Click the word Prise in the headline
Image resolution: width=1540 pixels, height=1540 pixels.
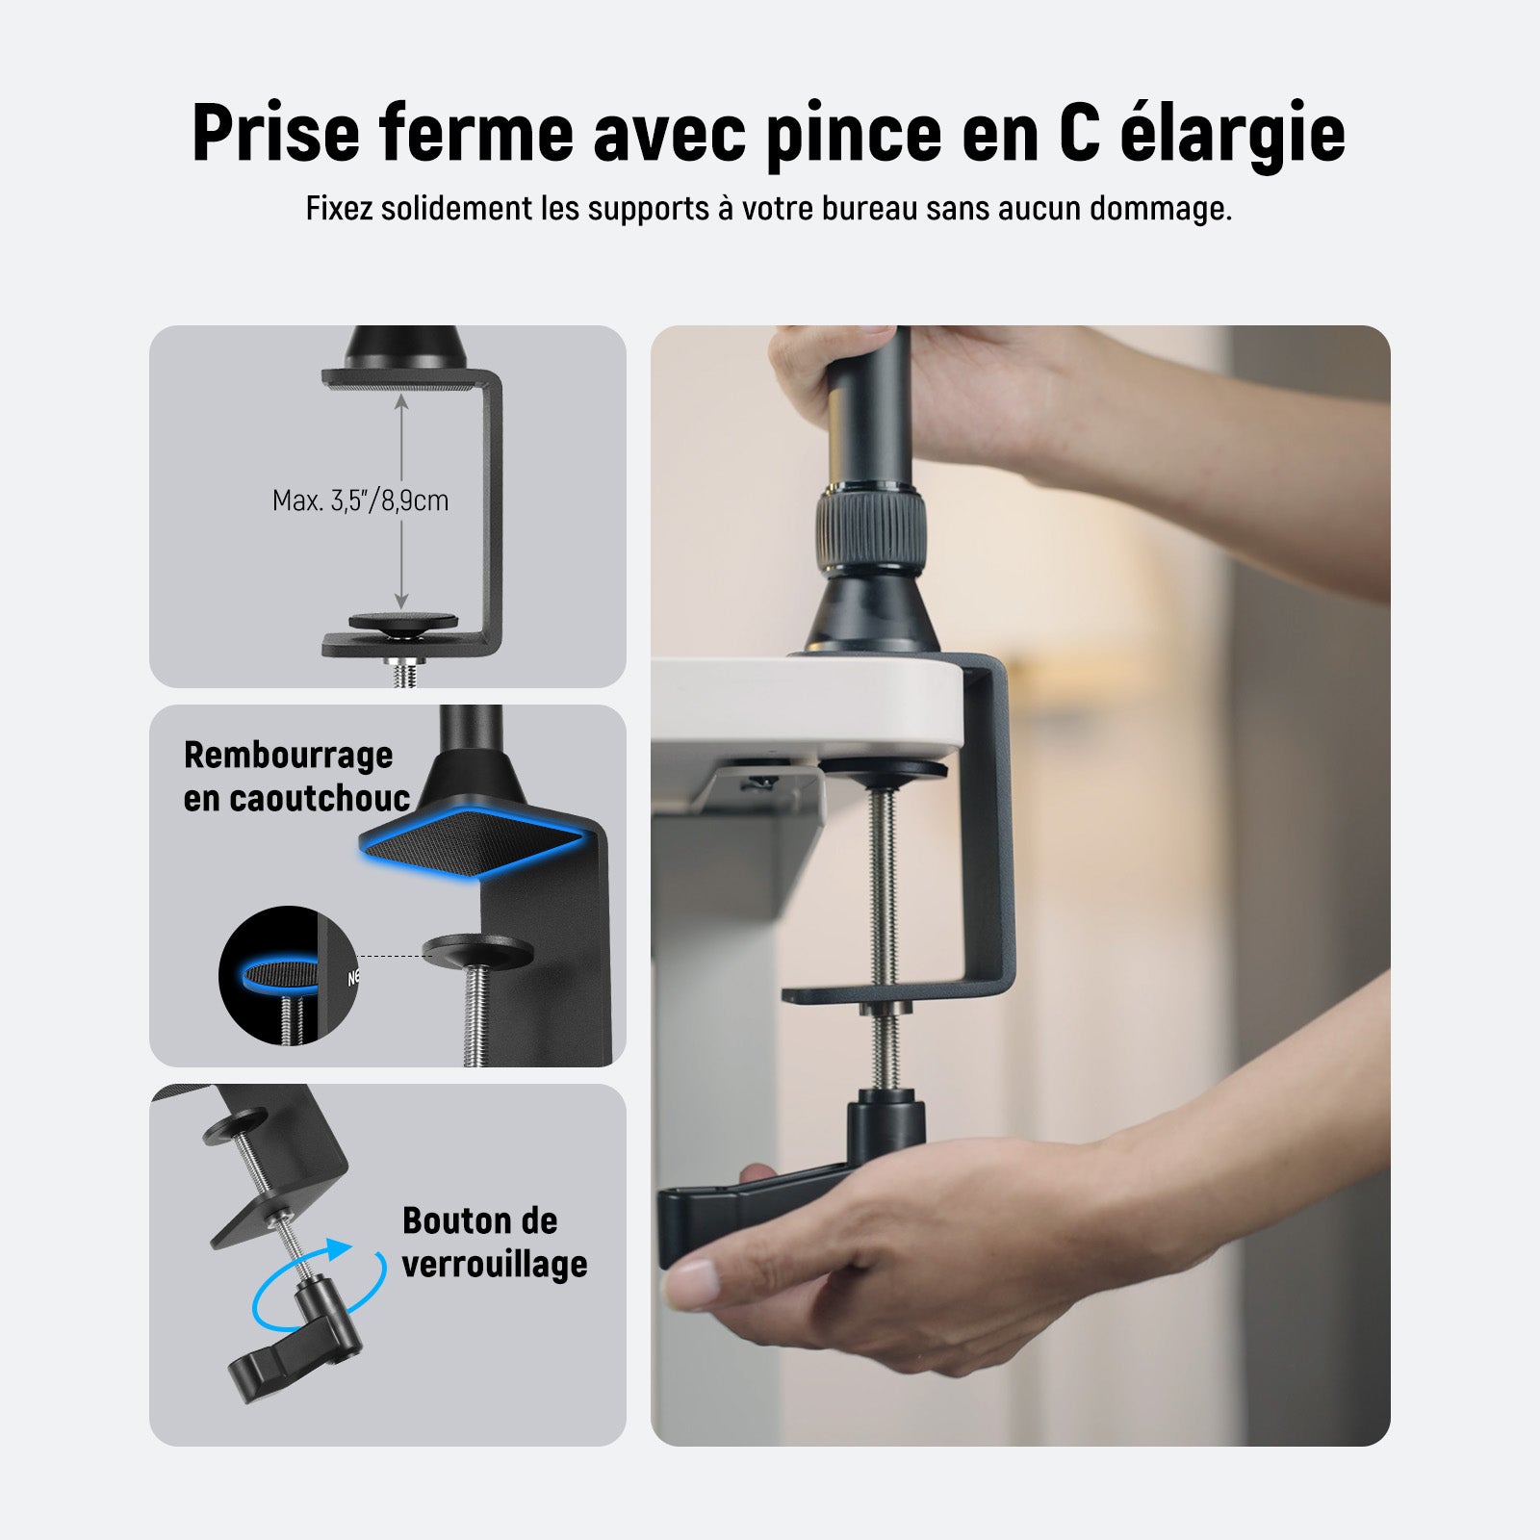click(275, 132)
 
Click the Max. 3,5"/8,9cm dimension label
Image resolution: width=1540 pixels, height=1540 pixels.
click(360, 500)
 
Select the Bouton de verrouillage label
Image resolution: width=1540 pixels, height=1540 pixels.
click(495, 1242)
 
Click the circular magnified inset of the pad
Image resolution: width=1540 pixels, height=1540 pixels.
click(288, 976)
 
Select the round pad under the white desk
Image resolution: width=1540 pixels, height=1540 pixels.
click(884, 771)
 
